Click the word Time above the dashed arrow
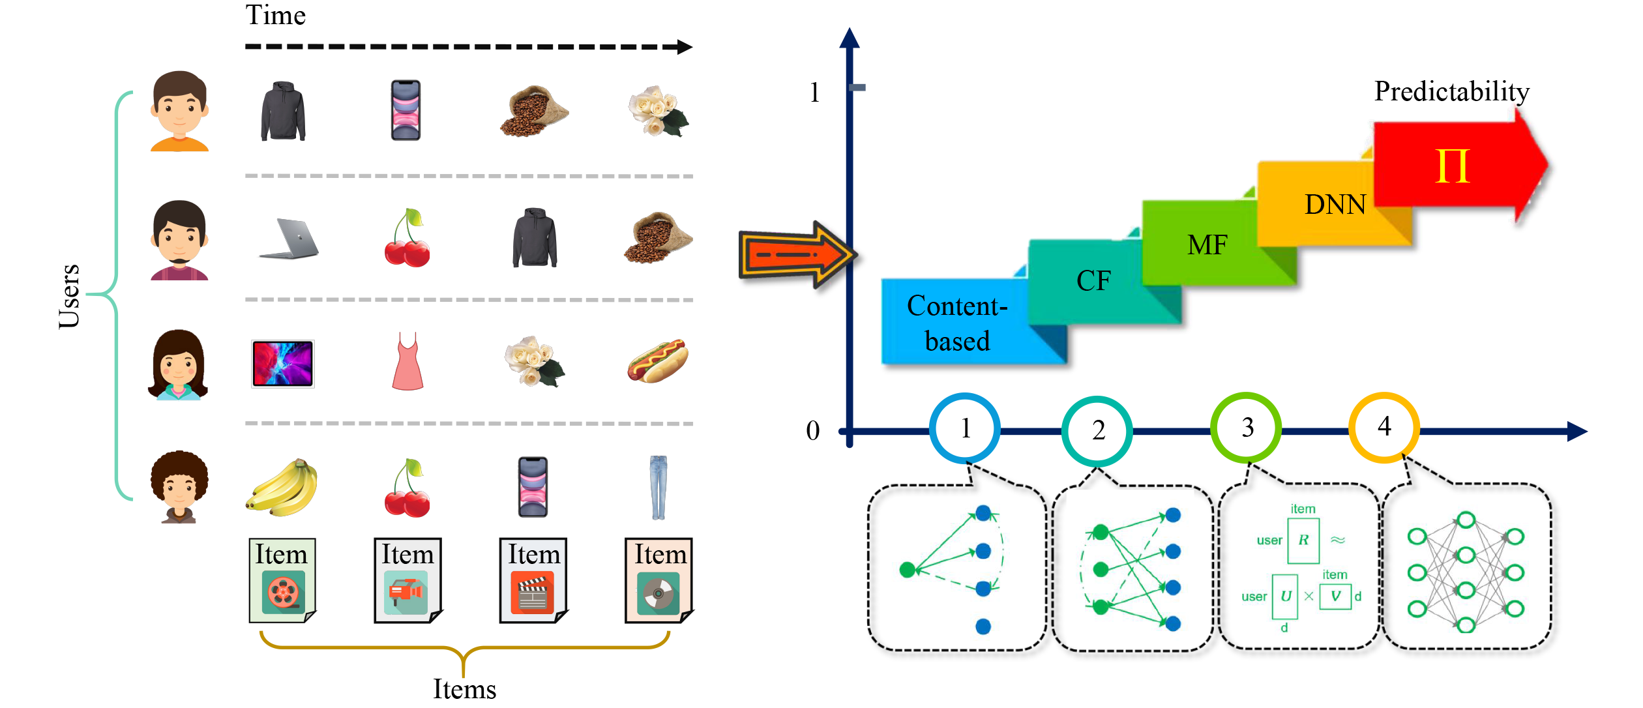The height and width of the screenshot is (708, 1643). [275, 16]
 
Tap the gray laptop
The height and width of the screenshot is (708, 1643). [289, 239]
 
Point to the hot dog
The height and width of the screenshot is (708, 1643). [657, 361]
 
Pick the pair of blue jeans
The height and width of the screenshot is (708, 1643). [659, 487]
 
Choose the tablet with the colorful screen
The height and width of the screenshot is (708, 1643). [283, 363]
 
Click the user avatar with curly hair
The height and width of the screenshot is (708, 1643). [179, 486]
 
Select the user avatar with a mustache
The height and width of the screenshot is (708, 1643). [179, 240]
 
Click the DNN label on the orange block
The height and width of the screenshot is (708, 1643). [1335, 205]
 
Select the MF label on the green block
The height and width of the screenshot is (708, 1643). [1207, 245]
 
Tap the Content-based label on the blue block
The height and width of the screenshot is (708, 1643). [957, 323]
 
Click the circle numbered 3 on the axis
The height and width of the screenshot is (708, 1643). [1247, 428]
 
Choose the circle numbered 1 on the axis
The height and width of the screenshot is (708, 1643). [965, 428]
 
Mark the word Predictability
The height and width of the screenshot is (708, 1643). [1451, 91]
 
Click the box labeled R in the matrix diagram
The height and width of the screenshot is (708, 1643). [1303, 540]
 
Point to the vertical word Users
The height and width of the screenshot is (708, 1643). [69, 296]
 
